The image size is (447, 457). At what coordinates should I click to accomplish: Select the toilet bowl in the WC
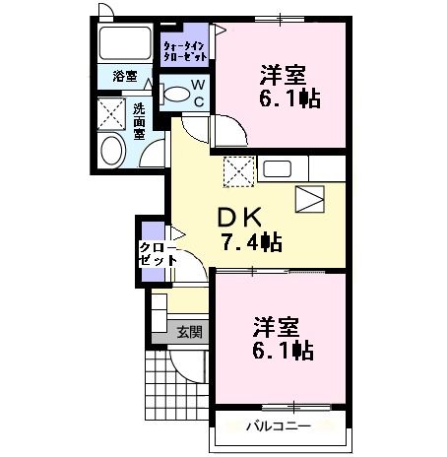point(177,94)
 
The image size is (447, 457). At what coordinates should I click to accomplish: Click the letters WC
point(197,93)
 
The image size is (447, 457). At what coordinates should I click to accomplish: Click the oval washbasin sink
point(111,150)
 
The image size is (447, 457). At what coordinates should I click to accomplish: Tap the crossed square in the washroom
point(110,112)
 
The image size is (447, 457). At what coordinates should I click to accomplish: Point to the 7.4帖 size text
point(251,241)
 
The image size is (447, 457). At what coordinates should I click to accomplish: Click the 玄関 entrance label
point(189,332)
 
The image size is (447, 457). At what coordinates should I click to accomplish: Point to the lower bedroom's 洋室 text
point(279,325)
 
